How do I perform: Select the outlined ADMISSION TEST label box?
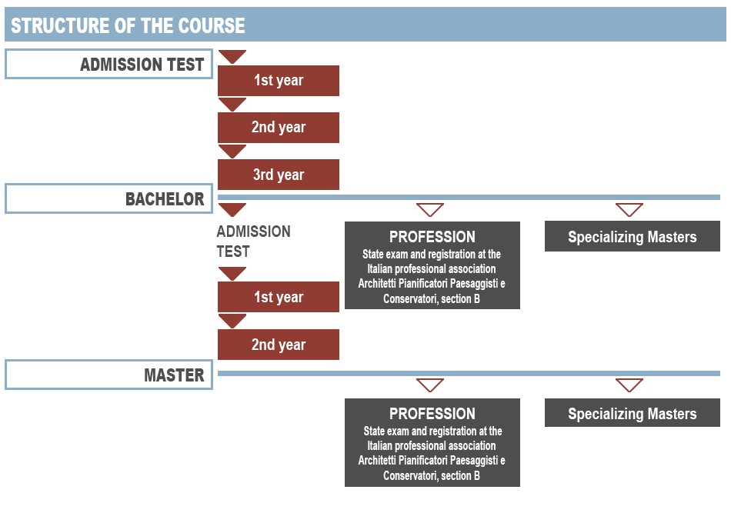coord(108,64)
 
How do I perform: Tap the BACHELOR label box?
coord(108,198)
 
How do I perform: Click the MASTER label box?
coord(108,375)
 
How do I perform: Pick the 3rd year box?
coord(279,175)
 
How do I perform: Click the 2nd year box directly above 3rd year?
coord(279,127)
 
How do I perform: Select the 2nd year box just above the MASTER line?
coord(279,345)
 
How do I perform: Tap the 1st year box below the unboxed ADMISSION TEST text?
coord(279,296)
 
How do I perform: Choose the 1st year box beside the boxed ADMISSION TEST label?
coord(279,81)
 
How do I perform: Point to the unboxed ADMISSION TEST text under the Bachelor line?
coord(253,241)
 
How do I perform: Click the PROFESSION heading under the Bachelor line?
coord(432,237)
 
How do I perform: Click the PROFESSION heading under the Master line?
coord(432,414)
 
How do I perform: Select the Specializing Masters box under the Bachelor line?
coord(633,236)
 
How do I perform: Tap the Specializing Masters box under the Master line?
coord(633,412)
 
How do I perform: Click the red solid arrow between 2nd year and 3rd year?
coord(232,150)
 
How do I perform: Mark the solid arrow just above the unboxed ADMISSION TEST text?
coord(232,209)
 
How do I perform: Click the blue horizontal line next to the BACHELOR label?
coord(469,197)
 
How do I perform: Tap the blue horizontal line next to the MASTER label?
coord(469,373)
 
